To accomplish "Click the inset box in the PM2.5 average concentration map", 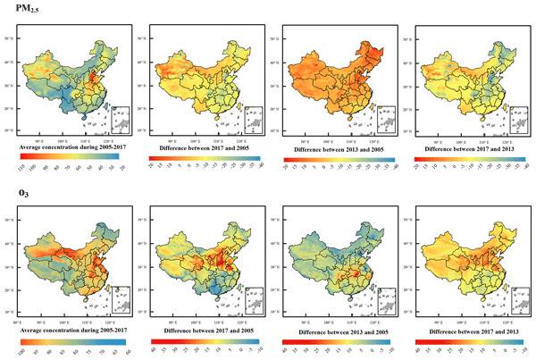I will tap(119, 119).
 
